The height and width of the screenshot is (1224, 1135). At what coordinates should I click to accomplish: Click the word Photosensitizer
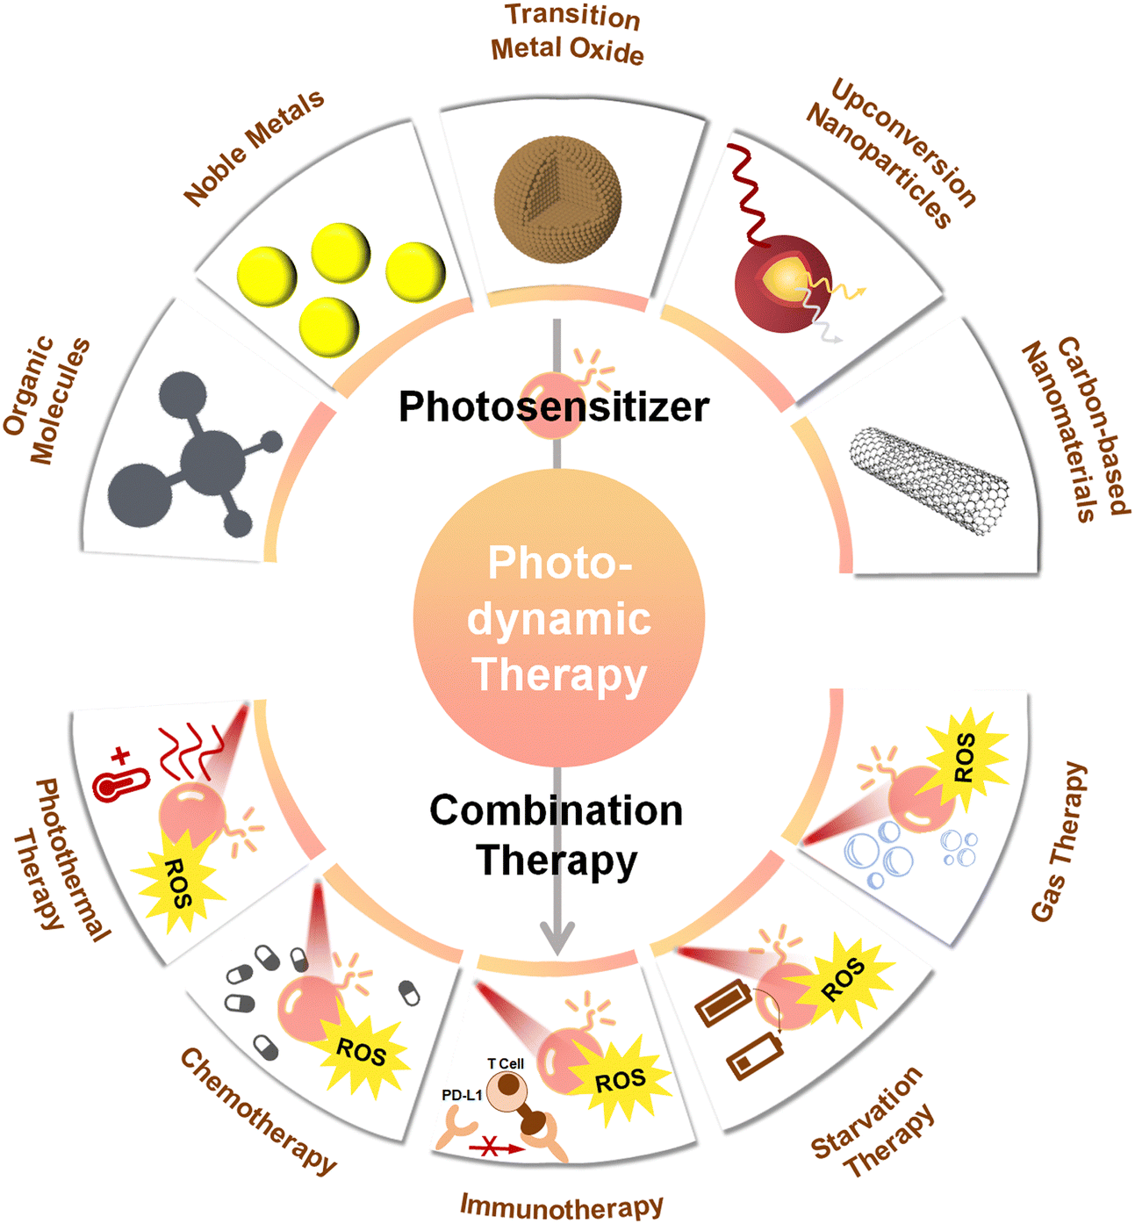tap(554, 407)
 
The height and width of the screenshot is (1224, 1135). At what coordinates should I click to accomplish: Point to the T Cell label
tap(506, 1063)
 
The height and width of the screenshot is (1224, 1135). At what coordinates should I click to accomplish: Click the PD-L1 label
tap(462, 1096)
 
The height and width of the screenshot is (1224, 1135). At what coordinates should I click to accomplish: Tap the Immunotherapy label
tap(562, 1206)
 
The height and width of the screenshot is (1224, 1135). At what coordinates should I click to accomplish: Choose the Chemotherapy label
tap(257, 1111)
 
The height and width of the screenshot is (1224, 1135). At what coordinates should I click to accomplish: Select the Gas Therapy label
tap(1060, 842)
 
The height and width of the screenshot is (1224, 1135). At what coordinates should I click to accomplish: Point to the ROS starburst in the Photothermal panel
tap(177, 882)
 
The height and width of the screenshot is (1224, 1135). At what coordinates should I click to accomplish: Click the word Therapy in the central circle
tap(559, 675)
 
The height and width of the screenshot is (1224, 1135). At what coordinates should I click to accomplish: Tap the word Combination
tap(556, 810)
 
